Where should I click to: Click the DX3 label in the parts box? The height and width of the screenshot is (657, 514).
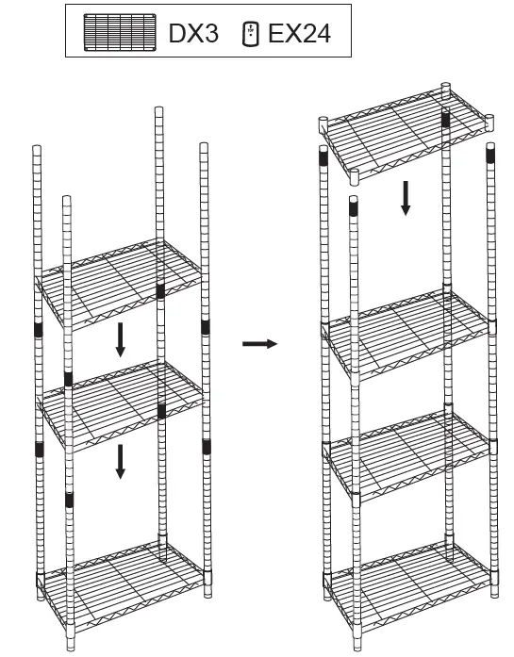tap(193, 35)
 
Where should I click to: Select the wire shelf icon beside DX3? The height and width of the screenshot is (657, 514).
tap(119, 34)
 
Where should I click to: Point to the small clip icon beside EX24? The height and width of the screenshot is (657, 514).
tap(250, 35)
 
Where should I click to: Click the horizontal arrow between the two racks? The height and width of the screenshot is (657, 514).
tap(260, 344)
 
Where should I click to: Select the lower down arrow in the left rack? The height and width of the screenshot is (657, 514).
tap(120, 462)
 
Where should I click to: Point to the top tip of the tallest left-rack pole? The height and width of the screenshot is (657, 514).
tap(158, 109)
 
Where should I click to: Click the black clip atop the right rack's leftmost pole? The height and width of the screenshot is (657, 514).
tap(323, 159)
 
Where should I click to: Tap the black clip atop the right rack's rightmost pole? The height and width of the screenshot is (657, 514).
tap(490, 155)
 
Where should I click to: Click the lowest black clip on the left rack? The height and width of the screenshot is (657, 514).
tap(68, 498)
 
